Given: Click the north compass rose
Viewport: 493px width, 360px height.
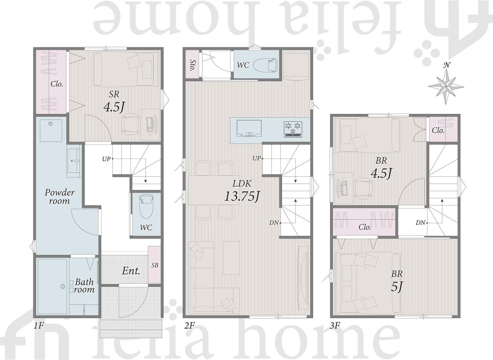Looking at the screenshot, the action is (x=446, y=84).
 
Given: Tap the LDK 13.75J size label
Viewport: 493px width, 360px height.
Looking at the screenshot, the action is (x=242, y=196).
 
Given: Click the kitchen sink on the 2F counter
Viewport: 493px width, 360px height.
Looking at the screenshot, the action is (x=249, y=128).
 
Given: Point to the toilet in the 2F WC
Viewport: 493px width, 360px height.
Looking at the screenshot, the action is (x=266, y=66).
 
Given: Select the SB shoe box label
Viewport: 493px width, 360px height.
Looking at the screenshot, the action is (x=155, y=265).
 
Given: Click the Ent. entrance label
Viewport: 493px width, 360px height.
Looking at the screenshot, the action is (x=131, y=271).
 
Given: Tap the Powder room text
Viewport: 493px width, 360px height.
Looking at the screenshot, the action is (x=59, y=197).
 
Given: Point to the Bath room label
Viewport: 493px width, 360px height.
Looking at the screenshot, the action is (x=84, y=286).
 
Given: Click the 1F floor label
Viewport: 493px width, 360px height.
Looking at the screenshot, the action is (x=39, y=325).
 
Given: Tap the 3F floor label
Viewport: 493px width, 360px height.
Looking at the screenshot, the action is (x=335, y=325).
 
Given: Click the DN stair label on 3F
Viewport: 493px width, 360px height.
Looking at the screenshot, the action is (x=420, y=223).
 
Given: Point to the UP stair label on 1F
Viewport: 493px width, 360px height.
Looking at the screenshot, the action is (x=106, y=159).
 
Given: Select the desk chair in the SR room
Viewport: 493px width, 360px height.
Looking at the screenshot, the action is (x=131, y=124).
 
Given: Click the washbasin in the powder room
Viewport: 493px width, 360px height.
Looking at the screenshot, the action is (x=74, y=161).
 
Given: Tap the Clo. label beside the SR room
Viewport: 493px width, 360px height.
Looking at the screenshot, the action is (x=57, y=84).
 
